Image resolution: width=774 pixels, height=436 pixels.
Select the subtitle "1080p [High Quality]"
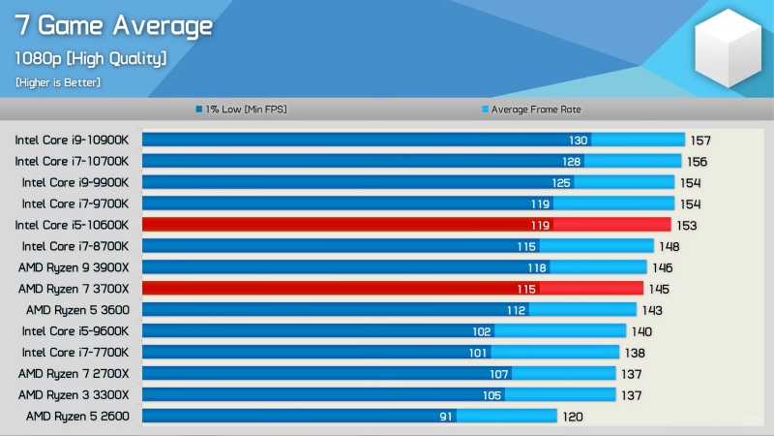coord(90,58)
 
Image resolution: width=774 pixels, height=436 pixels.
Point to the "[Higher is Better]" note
coord(58,82)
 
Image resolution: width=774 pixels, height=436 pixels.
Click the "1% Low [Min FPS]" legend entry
coord(241,109)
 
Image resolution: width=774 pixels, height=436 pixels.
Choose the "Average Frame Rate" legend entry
coord(531,109)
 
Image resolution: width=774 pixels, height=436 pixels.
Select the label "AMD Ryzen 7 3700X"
coord(74,289)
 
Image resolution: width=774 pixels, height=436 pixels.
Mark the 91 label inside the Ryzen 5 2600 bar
coord(446,417)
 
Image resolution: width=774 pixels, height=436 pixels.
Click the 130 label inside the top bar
coord(579,140)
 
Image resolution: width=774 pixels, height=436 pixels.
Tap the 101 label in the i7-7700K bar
coord(478,353)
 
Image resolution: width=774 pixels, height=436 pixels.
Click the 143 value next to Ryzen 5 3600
coord(653,310)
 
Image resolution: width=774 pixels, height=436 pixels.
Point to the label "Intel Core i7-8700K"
coord(75,246)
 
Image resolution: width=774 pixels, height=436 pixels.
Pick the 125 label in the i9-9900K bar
coord(561,182)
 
